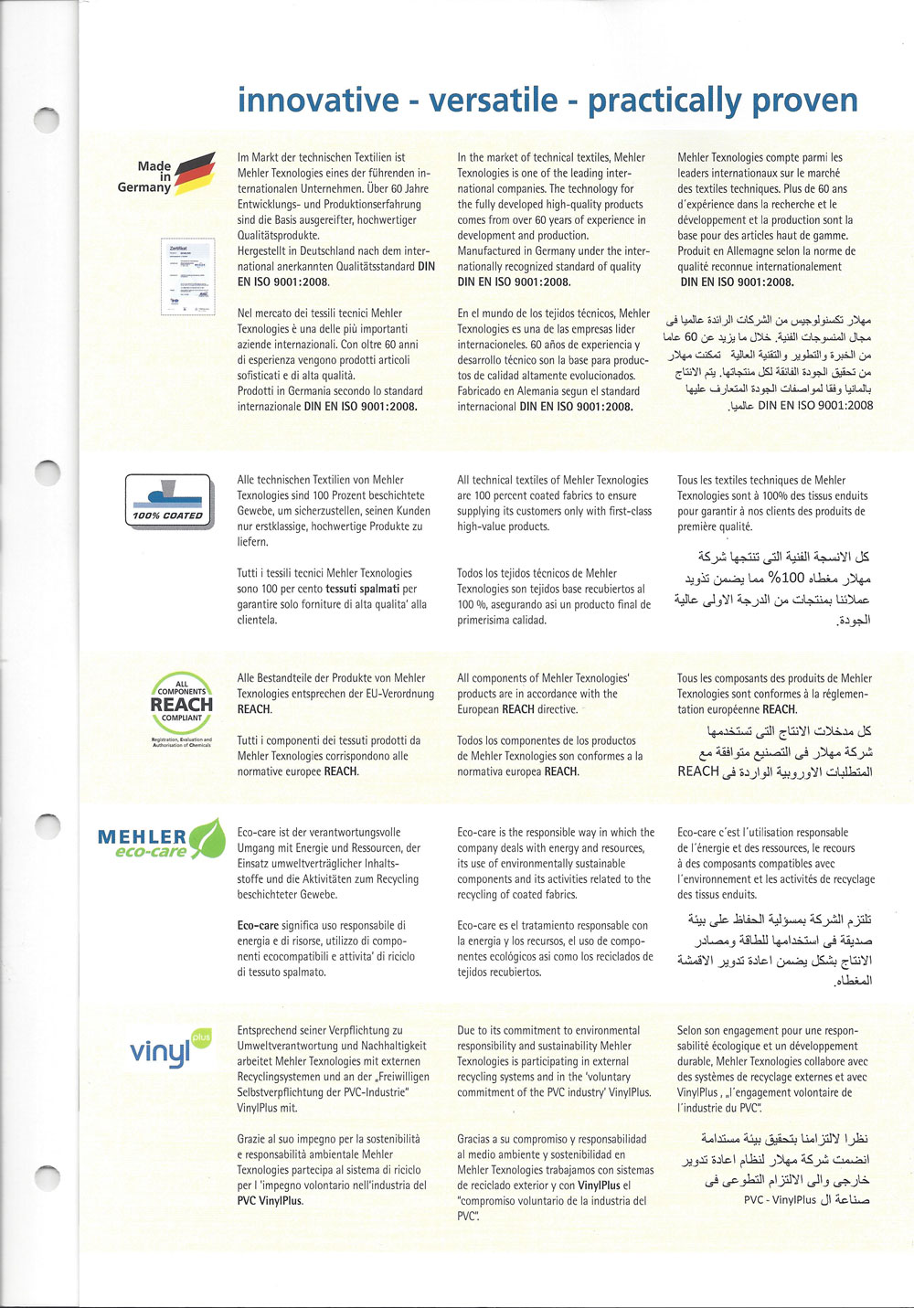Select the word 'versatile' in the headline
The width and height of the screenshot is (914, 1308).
(x=488, y=100)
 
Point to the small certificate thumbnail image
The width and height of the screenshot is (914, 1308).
(x=187, y=276)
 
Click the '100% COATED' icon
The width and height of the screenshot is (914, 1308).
(x=169, y=501)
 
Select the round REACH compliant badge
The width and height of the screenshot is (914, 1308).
(x=181, y=704)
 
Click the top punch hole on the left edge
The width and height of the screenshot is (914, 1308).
(x=45, y=119)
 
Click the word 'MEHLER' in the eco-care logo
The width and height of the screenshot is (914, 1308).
(x=142, y=836)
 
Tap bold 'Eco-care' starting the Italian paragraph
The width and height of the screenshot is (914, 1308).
(x=258, y=926)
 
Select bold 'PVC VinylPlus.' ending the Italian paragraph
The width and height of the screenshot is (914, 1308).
(x=270, y=1201)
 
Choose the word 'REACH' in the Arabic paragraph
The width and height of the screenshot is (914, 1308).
(x=698, y=772)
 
